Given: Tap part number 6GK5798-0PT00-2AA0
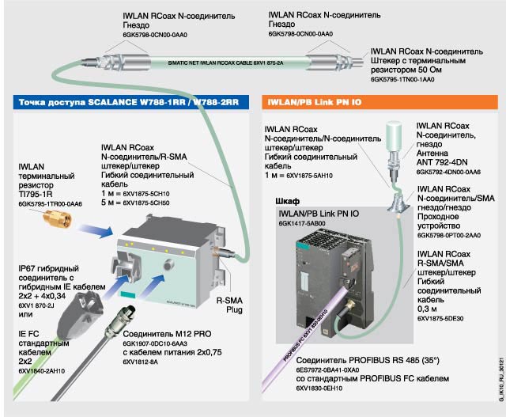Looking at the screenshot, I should pyautogui.click(x=449, y=235).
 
